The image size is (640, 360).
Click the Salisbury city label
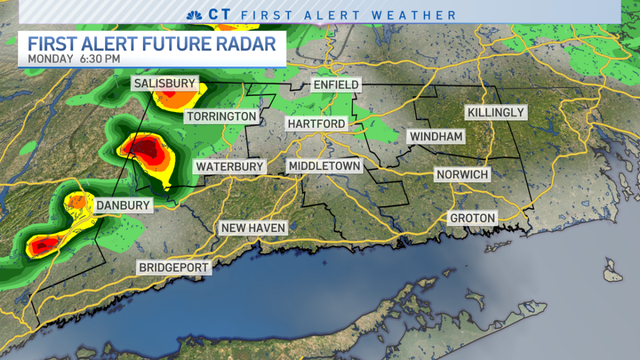pyautogui.click(x=165, y=84)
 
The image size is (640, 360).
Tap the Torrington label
pyautogui.click(x=221, y=116)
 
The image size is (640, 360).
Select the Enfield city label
pyautogui.click(x=336, y=84)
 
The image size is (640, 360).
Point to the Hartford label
pyautogui.click(x=316, y=124)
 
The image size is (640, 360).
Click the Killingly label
pyautogui.click(x=496, y=113)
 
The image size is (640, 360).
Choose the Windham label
pyautogui.click(x=436, y=136)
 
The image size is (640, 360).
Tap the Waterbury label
pyautogui.click(x=229, y=166)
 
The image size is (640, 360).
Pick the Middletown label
pyautogui.click(x=324, y=166)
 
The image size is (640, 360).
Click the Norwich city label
pyautogui.click(x=462, y=174)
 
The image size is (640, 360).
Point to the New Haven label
pyautogui.click(x=253, y=228)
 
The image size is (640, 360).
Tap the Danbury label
pyautogui.click(x=122, y=205)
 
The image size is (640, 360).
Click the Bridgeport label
pyautogui.click(x=174, y=267)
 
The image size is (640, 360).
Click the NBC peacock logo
pyautogui.click(x=194, y=14)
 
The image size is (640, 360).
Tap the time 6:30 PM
pyautogui.click(x=100, y=59)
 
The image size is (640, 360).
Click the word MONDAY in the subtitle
pyautogui.click(x=50, y=59)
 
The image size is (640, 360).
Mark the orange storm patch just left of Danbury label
pyautogui.click(x=77, y=202)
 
